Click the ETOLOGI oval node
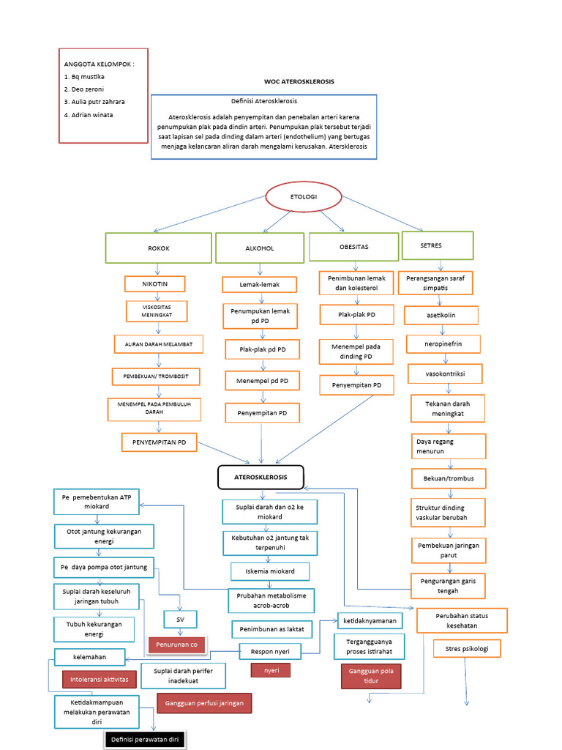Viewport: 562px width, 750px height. (303, 198)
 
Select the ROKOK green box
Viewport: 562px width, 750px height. (159, 248)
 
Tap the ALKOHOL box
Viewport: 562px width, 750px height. (260, 248)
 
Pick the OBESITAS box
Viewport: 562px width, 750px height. (354, 247)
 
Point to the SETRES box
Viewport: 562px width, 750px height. (437, 245)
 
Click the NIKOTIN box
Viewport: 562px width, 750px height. (154, 283)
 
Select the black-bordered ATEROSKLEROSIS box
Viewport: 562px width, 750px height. (261, 477)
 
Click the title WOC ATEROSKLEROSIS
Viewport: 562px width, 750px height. (299, 82)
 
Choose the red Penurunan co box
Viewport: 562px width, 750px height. (176, 645)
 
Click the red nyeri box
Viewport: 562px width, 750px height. (270, 670)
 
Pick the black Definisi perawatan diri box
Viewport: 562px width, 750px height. (145, 740)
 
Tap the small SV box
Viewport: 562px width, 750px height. (180, 619)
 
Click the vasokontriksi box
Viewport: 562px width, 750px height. (444, 374)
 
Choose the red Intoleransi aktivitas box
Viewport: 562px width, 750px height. (100, 679)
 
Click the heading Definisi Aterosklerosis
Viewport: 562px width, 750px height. (263, 101)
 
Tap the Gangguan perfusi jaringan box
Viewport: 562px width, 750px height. (205, 703)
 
